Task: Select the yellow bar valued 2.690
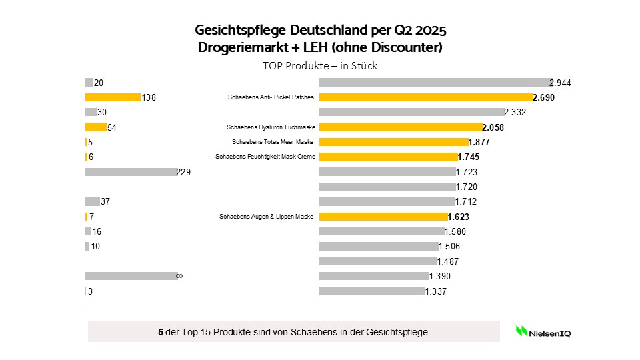tap(426, 97)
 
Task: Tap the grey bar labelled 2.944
tap(435, 83)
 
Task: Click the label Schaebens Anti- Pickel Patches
tap(271, 97)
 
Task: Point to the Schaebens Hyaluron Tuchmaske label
tap(270, 127)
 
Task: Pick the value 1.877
tap(479, 142)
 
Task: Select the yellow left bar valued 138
tap(113, 97)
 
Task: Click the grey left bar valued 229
tap(130, 172)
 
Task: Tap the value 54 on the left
tap(112, 127)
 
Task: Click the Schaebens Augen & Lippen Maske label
tap(266, 217)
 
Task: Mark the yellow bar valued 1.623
tap(383, 217)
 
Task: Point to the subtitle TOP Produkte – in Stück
tap(321, 66)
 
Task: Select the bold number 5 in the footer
tap(161, 331)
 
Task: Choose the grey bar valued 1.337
tap(372, 291)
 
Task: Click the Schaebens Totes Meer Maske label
tap(273, 142)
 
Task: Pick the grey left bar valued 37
tap(92, 201)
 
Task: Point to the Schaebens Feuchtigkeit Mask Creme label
tap(265, 157)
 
